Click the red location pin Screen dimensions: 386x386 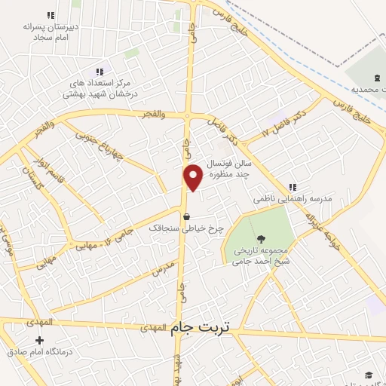click(194, 176)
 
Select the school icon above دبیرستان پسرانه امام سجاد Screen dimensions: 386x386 click(51, 15)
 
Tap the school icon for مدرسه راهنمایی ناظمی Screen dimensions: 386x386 click(293, 187)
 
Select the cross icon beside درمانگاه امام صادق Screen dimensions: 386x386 click(39, 341)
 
